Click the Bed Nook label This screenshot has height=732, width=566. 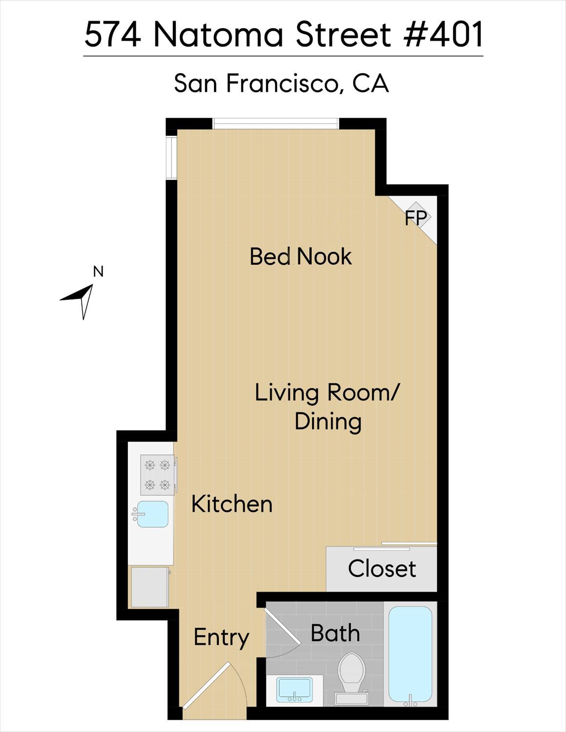[300, 257]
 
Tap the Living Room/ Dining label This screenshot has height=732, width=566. [327, 407]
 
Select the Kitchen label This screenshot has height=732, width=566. [231, 504]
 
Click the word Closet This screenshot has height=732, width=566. [382, 569]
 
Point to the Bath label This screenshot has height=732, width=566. [335, 633]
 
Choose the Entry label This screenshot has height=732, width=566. [221, 637]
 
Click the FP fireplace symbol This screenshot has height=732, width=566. [416, 218]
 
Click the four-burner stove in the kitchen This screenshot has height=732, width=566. [157, 475]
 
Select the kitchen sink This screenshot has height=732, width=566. [152, 514]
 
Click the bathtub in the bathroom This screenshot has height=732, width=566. [410, 654]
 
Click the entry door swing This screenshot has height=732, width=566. [210, 686]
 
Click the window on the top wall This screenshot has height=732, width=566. [276, 124]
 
